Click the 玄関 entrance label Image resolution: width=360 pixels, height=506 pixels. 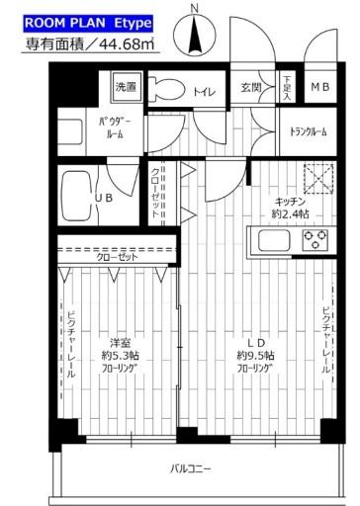click(x=252, y=87)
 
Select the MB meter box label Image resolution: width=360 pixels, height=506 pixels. click(x=321, y=87)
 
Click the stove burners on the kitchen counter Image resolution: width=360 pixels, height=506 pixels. click(x=315, y=237)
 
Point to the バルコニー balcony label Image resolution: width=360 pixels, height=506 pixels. click(x=190, y=467)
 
